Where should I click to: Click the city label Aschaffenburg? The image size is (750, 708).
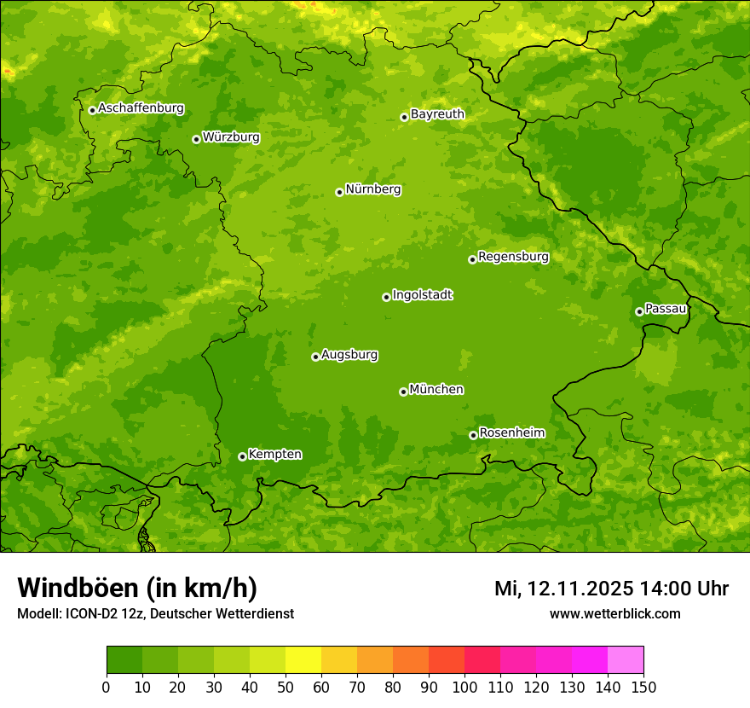tap(141, 108)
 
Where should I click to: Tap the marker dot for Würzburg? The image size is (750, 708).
tap(196, 139)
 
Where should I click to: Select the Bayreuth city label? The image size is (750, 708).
tap(437, 114)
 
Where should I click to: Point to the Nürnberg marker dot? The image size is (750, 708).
tap(339, 192)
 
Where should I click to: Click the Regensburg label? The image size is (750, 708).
tap(513, 257)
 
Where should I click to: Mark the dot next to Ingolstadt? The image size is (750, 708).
tap(386, 297)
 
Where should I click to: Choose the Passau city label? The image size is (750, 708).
tap(666, 309)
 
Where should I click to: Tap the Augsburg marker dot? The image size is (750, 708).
tap(315, 357)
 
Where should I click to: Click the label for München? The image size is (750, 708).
tap(436, 390)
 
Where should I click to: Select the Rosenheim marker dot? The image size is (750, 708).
tap(473, 435)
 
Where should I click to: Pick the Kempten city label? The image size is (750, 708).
tap(274, 455)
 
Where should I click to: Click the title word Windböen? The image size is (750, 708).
tap(78, 588)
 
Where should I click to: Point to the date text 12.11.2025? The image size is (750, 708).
tap(580, 589)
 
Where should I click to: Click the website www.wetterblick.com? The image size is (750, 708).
tap(614, 614)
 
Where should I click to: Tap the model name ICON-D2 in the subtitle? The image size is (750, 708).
tap(90, 614)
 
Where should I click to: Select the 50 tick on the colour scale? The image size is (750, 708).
tap(285, 686)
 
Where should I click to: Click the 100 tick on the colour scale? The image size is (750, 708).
tap(464, 686)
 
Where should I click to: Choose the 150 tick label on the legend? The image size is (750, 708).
tap(643, 686)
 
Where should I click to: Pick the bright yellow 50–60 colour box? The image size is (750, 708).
tap(303, 660)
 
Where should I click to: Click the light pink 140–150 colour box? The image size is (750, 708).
tap(625, 660)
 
